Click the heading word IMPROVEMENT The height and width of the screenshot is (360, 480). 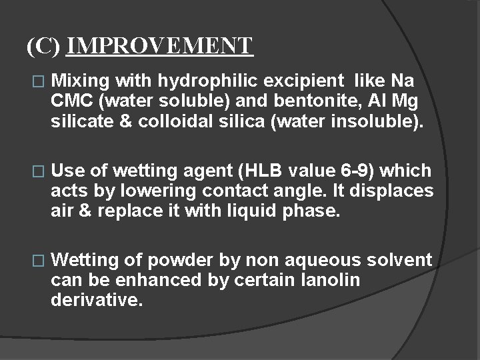(160, 46)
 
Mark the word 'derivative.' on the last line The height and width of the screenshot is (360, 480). (97, 300)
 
